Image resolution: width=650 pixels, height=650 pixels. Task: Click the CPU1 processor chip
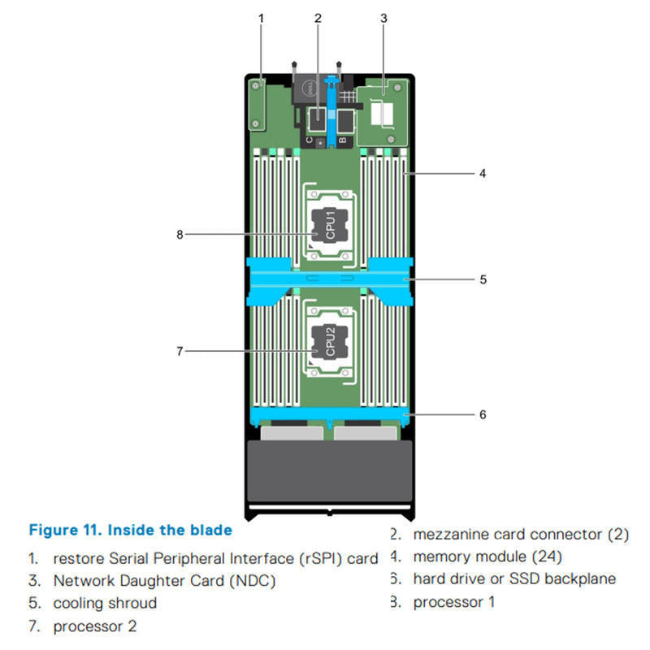point(328,223)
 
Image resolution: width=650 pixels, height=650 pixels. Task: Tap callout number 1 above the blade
point(261,16)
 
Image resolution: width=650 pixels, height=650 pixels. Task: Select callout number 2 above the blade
point(318,16)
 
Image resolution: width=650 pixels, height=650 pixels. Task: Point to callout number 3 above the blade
point(383,16)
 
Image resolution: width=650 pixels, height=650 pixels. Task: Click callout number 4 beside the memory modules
point(483,173)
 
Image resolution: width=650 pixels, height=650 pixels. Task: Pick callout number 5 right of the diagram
point(483,279)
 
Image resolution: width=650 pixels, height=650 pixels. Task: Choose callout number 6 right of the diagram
point(483,414)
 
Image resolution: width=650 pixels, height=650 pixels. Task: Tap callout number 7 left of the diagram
point(180,351)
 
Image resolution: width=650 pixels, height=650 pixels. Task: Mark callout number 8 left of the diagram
point(180,235)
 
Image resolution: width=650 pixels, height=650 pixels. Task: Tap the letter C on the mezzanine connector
point(312,139)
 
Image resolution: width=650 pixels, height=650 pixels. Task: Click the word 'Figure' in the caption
point(53,531)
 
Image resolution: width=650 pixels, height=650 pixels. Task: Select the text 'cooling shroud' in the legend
point(105,604)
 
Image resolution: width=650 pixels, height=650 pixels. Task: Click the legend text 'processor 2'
point(95,626)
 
